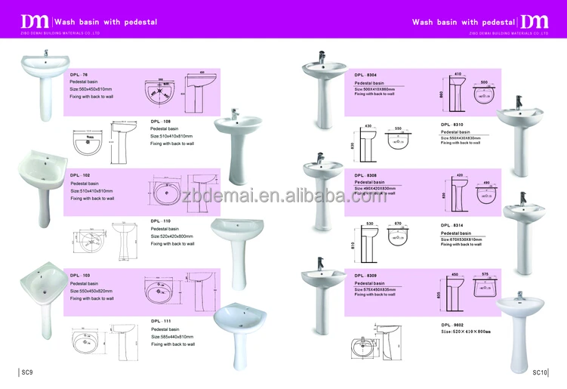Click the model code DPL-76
(x=79, y=74)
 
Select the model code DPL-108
(x=160, y=121)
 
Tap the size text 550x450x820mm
(x=91, y=291)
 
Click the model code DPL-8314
(x=453, y=225)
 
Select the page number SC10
(x=539, y=372)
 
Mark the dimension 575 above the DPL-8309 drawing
(x=486, y=274)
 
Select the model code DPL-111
(x=160, y=321)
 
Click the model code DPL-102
(x=80, y=174)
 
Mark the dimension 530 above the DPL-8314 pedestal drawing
(x=369, y=224)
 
